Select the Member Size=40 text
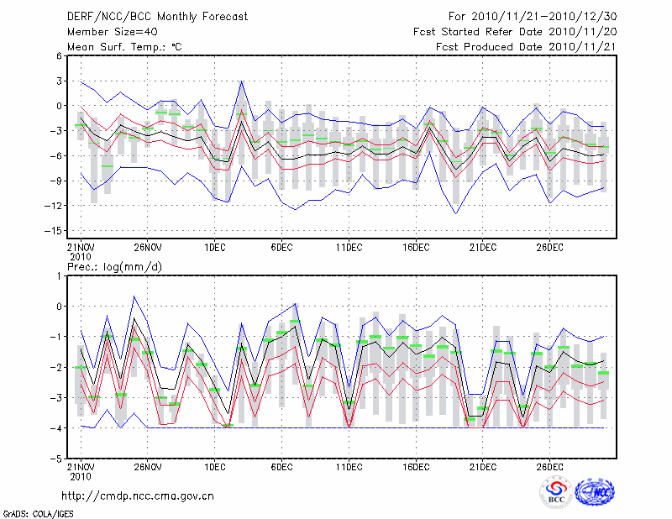tap(112, 31)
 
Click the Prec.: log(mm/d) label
tap(116, 266)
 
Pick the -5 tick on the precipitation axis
tap(58, 459)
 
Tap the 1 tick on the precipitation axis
tap(60, 275)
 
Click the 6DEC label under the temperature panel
tap(281, 247)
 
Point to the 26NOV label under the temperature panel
tap(147, 247)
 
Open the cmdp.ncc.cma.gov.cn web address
tap(138, 495)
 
